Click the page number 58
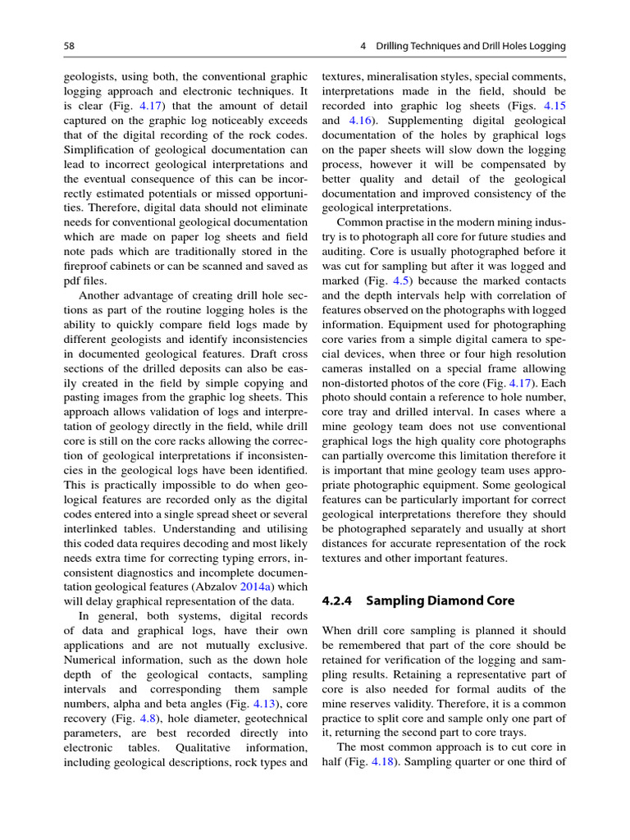(69, 47)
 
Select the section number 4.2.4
(336, 600)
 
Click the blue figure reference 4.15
(555, 106)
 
